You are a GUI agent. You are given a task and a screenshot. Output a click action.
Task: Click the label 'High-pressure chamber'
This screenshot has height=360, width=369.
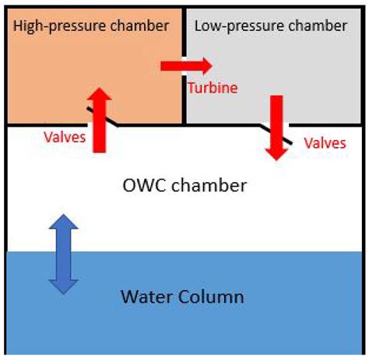pos(92,26)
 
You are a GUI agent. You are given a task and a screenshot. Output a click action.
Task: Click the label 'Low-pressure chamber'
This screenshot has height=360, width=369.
pos(270,26)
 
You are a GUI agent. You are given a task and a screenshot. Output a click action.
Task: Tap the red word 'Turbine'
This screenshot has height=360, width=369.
pos(212,88)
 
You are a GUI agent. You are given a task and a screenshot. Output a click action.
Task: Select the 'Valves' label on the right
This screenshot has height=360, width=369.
pos(325,142)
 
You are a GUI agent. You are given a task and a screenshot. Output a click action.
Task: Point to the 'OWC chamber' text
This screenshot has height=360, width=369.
pos(185,186)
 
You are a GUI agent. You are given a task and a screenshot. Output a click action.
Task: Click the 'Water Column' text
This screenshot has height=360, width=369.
pos(182,296)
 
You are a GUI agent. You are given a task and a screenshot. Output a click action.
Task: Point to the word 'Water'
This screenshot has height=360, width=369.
pos(146,296)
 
